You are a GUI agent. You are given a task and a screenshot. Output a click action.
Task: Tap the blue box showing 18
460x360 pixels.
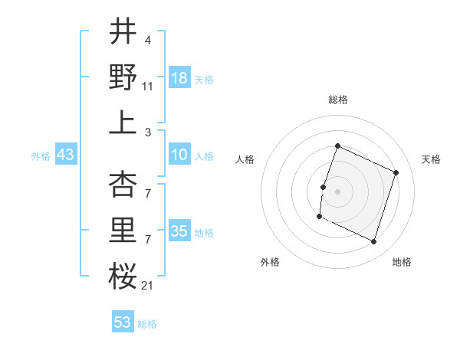click(x=179, y=77)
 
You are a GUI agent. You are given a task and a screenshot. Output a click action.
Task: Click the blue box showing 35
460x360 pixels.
click(x=179, y=232)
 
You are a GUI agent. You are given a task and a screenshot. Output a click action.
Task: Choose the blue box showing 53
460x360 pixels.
click(x=123, y=322)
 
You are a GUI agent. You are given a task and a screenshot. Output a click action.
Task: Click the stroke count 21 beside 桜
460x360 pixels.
click(x=147, y=286)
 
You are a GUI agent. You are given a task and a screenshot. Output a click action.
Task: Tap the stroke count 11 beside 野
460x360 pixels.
click(x=148, y=87)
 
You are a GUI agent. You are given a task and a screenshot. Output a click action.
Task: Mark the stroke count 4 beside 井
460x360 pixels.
click(x=148, y=41)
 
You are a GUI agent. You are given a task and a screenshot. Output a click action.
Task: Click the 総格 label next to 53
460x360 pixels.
click(x=147, y=324)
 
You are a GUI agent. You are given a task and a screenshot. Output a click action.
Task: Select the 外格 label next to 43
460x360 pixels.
click(x=41, y=156)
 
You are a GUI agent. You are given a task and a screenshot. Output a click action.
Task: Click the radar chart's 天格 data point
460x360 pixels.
click(x=396, y=173)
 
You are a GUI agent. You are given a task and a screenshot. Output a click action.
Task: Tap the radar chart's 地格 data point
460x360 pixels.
click(x=374, y=242)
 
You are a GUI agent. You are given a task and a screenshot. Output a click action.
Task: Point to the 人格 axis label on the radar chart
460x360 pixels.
click(x=245, y=159)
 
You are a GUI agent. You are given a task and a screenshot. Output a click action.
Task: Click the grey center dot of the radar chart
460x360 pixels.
click(x=337, y=191)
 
